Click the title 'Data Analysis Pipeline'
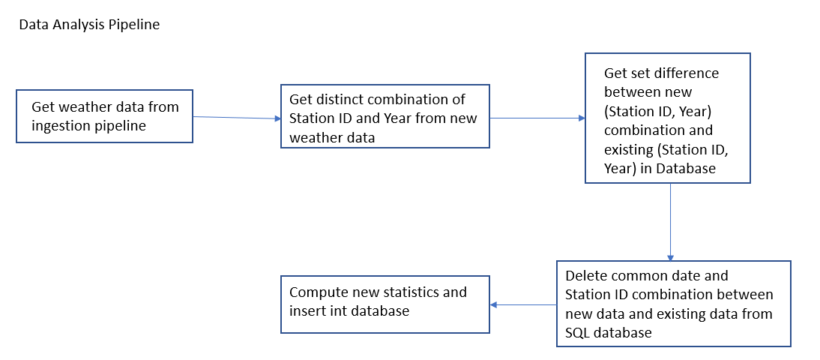(89, 25)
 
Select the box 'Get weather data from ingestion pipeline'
(104, 116)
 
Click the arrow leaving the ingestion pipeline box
(236, 117)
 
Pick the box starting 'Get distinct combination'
(385, 116)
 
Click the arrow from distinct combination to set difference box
(537, 118)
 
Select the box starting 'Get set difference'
(667, 118)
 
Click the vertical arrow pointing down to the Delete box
(670, 221)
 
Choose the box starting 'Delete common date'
(673, 303)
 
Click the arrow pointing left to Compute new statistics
(522, 304)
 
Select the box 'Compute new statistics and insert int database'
(385, 304)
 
